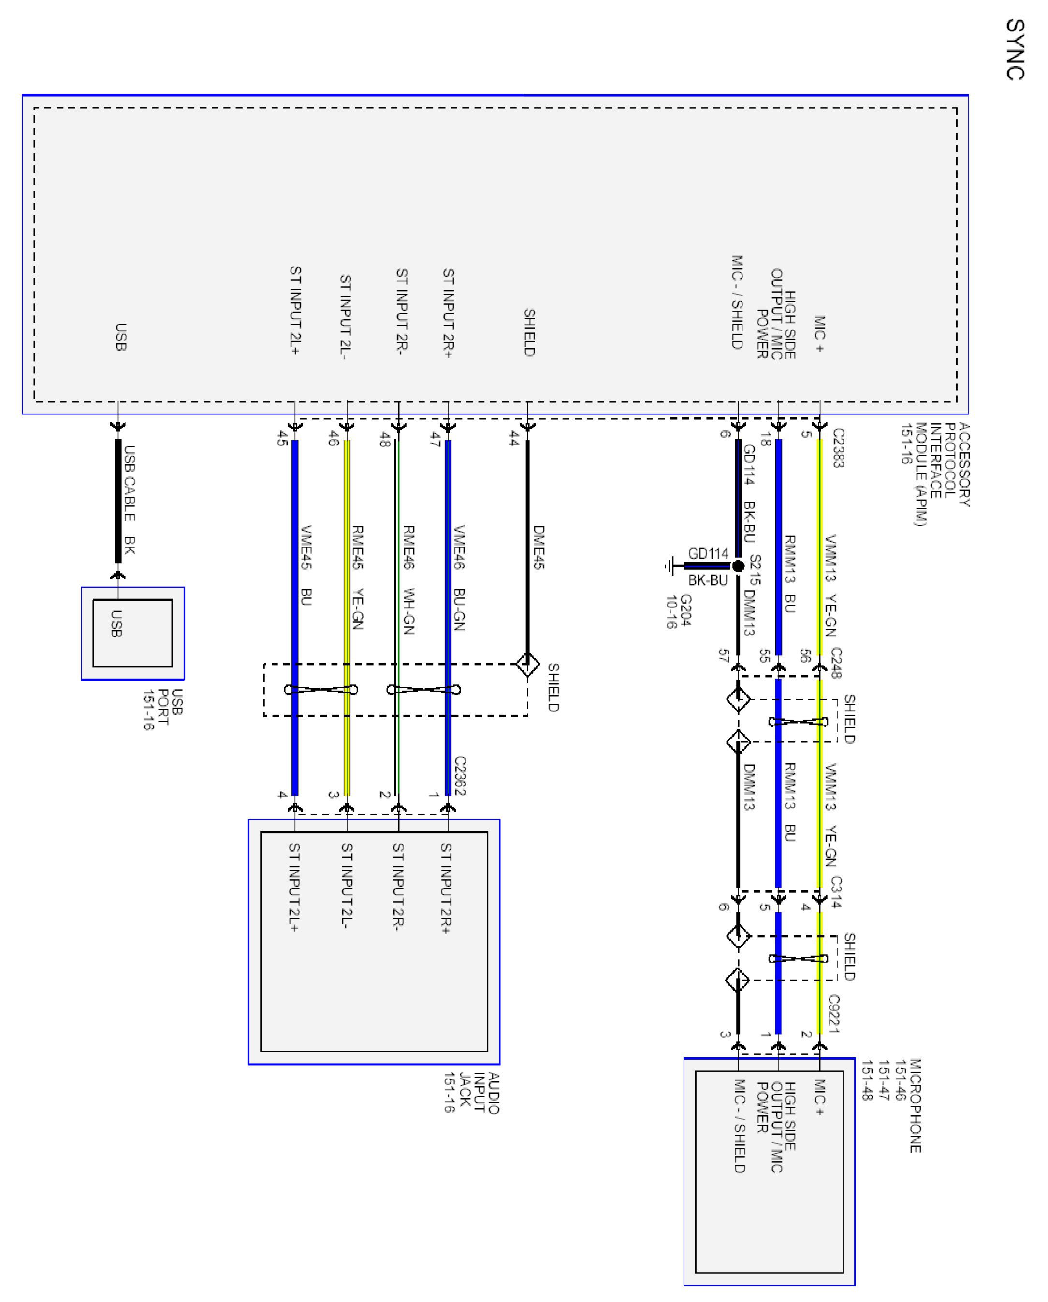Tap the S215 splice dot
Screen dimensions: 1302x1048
738,566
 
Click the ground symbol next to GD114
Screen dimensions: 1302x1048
669,566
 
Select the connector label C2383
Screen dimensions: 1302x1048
838,447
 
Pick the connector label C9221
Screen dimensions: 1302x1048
834,1013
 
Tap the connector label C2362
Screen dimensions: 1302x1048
460,776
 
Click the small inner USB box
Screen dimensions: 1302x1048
132,633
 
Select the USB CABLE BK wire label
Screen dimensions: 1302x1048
129,500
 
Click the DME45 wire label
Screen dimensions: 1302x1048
539,547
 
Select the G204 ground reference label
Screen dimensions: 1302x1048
679,611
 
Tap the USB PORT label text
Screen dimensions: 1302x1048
163,709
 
